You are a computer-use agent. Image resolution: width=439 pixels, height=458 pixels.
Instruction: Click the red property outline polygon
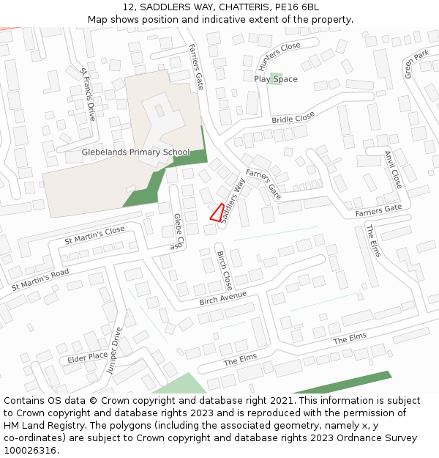click(x=217, y=213)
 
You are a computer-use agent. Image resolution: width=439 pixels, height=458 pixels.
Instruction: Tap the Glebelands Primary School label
click(x=135, y=152)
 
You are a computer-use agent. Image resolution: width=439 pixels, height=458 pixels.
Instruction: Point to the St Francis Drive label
click(x=88, y=95)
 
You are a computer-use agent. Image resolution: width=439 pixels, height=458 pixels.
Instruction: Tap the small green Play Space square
click(x=275, y=78)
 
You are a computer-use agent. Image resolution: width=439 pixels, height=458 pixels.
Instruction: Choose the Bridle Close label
click(x=293, y=118)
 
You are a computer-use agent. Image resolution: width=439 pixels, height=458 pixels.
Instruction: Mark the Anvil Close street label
click(x=393, y=169)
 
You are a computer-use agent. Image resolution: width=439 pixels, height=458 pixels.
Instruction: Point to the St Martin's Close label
click(x=94, y=234)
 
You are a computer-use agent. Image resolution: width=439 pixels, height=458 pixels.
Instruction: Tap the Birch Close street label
click(x=224, y=270)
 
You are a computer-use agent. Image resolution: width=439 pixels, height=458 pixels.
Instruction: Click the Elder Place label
click(x=87, y=358)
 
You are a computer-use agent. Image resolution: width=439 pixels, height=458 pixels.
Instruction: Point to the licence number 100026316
click(x=30, y=450)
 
